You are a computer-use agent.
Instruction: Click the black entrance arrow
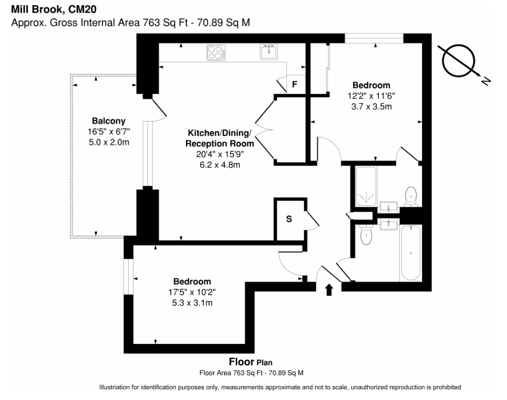click(329, 290)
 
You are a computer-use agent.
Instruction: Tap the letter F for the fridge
click(294, 84)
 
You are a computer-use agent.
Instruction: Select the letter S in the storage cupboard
click(289, 219)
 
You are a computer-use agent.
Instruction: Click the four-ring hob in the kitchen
click(216, 52)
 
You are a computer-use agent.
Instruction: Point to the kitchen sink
click(269, 52)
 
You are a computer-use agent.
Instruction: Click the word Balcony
click(109, 121)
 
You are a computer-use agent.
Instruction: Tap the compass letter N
click(485, 81)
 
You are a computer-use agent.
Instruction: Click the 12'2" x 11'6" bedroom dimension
click(371, 96)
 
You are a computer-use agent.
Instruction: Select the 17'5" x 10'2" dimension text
click(192, 293)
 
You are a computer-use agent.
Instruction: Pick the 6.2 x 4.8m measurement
click(220, 165)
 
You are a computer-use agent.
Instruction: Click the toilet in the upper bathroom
click(411, 196)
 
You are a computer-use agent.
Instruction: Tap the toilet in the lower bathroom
click(366, 234)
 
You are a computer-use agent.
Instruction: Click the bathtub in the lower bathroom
click(411, 253)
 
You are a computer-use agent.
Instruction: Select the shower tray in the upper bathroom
click(366, 187)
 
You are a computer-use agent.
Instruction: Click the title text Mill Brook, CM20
click(54, 9)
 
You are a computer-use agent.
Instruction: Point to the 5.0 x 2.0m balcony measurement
click(109, 142)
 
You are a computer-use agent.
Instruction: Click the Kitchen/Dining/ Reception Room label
click(220, 138)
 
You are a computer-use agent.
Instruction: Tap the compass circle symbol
click(458, 61)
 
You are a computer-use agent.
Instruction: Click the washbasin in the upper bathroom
click(388, 207)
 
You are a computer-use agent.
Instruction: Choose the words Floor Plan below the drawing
click(251, 361)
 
